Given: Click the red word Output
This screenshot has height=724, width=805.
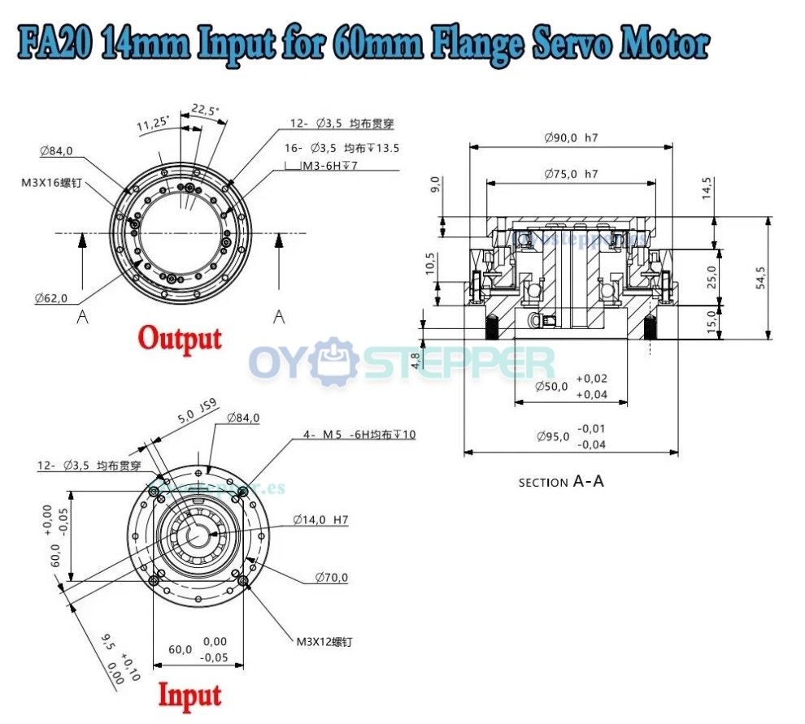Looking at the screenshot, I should click(x=180, y=337).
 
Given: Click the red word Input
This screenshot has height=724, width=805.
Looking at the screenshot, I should click(x=189, y=696).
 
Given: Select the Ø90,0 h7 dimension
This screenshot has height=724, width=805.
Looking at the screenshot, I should click(x=571, y=137).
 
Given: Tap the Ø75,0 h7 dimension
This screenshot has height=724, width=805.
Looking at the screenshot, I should click(x=571, y=174).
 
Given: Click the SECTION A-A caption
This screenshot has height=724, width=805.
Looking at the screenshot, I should click(x=561, y=481).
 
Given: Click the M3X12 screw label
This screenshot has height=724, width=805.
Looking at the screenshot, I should click(x=324, y=641).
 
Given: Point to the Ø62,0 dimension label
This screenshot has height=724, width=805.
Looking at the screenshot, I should click(x=51, y=297).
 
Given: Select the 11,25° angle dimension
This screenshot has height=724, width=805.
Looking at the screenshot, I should click(x=152, y=123).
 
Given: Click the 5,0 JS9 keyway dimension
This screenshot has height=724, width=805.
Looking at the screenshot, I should click(x=196, y=417).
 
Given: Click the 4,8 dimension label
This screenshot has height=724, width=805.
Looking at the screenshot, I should click(x=416, y=360).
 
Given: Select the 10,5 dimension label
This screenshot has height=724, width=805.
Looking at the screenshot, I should click(x=431, y=264).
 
